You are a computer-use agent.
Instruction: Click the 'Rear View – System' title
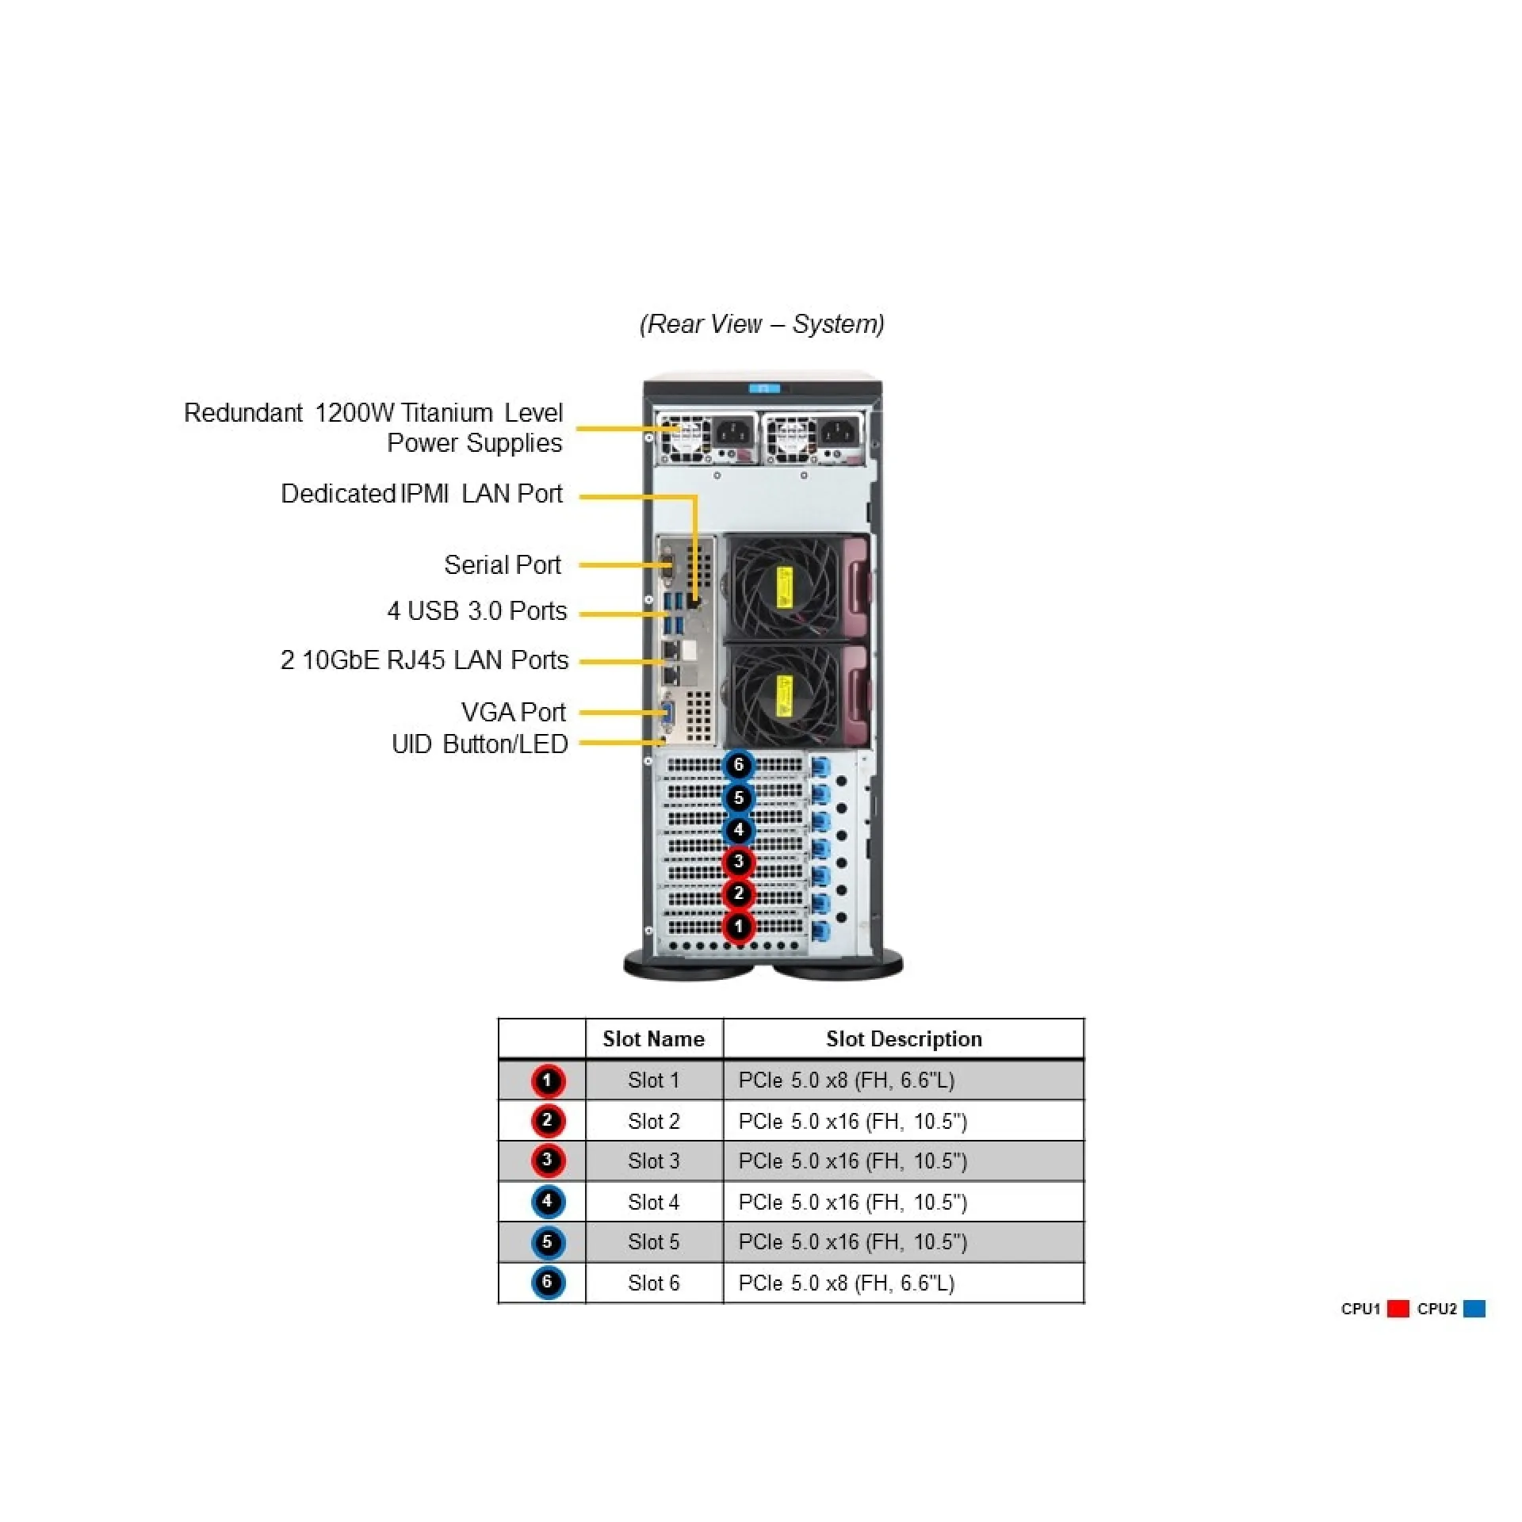click(x=762, y=324)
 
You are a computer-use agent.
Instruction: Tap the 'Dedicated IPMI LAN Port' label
click(x=421, y=494)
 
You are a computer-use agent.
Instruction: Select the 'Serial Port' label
click(x=503, y=565)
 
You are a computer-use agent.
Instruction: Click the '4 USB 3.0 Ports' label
click(x=476, y=611)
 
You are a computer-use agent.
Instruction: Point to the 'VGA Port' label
click(x=513, y=713)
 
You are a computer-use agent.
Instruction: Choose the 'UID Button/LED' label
click(x=480, y=744)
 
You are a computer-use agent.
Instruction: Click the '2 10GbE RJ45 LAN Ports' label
click(x=424, y=660)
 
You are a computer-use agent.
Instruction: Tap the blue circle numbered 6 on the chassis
click(x=739, y=765)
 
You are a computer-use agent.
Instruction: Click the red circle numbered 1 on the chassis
click(x=739, y=927)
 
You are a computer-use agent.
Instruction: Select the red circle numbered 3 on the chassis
click(x=739, y=862)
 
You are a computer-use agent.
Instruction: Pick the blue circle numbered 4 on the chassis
click(x=739, y=830)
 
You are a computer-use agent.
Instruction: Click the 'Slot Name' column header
click(x=653, y=1039)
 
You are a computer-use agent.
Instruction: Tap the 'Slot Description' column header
click(x=904, y=1039)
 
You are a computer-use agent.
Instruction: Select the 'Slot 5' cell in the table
click(x=653, y=1242)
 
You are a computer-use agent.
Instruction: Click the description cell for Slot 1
click(x=846, y=1080)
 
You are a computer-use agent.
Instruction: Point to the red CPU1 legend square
click(x=1398, y=1309)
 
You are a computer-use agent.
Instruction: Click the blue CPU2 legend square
click(x=1474, y=1309)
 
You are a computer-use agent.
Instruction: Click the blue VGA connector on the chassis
click(x=667, y=717)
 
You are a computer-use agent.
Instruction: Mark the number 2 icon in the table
click(x=547, y=1121)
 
